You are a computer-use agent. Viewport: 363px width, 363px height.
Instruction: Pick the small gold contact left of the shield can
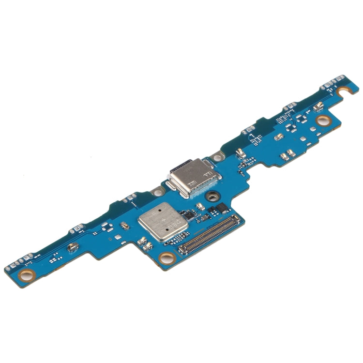coord(125,226)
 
